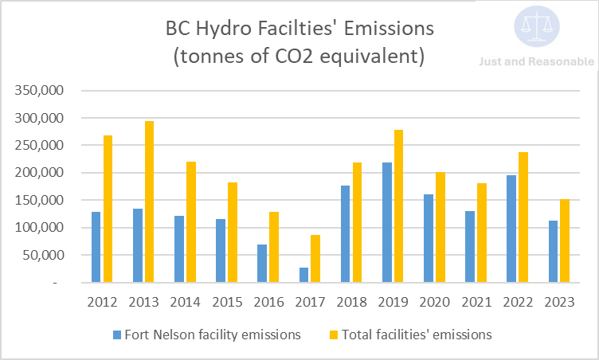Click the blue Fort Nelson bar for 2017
(x=303, y=275)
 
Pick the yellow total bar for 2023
(x=565, y=241)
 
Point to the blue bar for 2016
(x=262, y=263)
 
